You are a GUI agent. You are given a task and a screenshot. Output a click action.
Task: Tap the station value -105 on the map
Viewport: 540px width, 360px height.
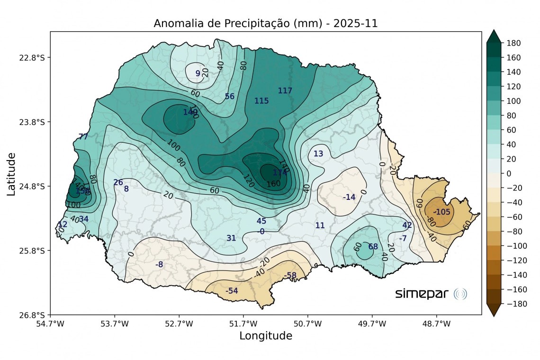coord(441,212)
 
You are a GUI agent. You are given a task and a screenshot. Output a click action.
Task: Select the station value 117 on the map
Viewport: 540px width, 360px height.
coord(285,90)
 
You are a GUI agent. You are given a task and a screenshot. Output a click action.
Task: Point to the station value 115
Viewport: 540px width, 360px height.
coord(261,101)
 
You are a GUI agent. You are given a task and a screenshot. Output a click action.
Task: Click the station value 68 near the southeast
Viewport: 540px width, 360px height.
coord(373,246)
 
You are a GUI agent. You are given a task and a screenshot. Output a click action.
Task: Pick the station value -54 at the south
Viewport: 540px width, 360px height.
coord(232,290)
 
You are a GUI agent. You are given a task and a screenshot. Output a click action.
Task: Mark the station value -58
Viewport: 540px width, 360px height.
coord(290,275)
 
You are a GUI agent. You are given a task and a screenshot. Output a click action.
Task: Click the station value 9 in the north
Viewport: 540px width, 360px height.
coord(198,73)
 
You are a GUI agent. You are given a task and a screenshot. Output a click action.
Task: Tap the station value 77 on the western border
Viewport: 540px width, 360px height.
coord(83,137)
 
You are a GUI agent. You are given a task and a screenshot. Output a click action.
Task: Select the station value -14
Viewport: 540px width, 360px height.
coord(349,197)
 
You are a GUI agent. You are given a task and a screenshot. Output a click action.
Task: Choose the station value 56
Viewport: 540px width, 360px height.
coord(230,96)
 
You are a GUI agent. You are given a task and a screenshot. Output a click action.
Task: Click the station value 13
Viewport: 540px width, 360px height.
coord(318,153)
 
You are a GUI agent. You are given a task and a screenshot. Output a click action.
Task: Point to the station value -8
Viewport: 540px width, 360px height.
coord(159,264)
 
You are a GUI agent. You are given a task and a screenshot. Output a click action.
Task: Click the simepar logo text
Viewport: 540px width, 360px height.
coord(422,294)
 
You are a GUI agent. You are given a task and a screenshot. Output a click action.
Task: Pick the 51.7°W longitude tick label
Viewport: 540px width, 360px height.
coord(243,324)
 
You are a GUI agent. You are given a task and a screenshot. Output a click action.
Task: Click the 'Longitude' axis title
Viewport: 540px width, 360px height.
coord(265,336)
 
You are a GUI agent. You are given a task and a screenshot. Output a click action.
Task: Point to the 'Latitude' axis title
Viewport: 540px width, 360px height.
coord(11,174)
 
